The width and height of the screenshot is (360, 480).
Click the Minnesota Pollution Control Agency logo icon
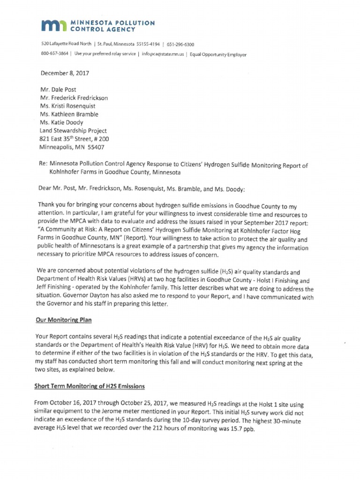[x=54, y=26]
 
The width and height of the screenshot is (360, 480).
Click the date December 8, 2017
[x=65, y=73]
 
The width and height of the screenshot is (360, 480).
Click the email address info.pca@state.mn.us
[x=162, y=54]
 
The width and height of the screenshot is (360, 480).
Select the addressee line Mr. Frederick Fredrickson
[x=74, y=98]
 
